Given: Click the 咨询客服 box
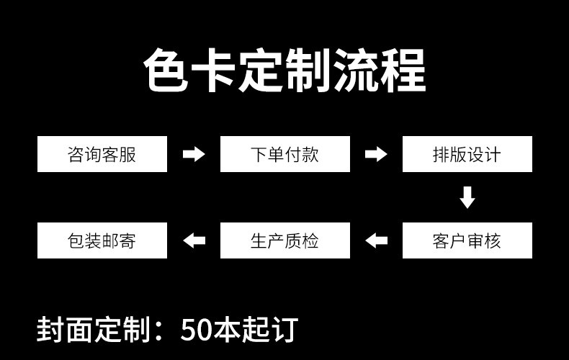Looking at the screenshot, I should click(x=102, y=154).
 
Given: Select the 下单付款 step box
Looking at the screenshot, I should click(x=284, y=154).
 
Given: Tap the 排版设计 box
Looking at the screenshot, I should click(x=467, y=154).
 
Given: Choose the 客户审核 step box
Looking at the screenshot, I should click(x=467, y=240).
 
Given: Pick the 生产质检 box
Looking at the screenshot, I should click(x=284, y=240).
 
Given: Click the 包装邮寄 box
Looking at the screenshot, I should click(x=102, y=240).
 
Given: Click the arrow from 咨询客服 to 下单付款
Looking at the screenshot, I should click(x=194, y=154).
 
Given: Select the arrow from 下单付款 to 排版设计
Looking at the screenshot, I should click(x=376, y=154).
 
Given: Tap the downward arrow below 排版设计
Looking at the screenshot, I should click(x=467, y=197).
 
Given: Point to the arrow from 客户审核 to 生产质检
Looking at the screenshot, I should click(x=376, y=240).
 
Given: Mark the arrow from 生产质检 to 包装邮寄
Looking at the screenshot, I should click(x=194, y=240).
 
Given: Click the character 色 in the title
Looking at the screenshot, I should click(x=166, y=71).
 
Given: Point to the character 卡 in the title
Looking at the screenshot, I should click(x=214, y=71).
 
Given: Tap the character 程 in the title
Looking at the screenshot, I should click(x=403, y=71).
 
